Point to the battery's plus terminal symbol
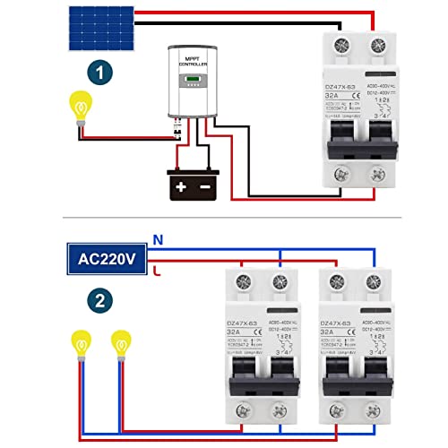pyautogui.click(x=181, y=186)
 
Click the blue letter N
pyautogui.click(x=158, y=240)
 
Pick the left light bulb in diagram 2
pyautogui.click(x=82, y=342)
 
